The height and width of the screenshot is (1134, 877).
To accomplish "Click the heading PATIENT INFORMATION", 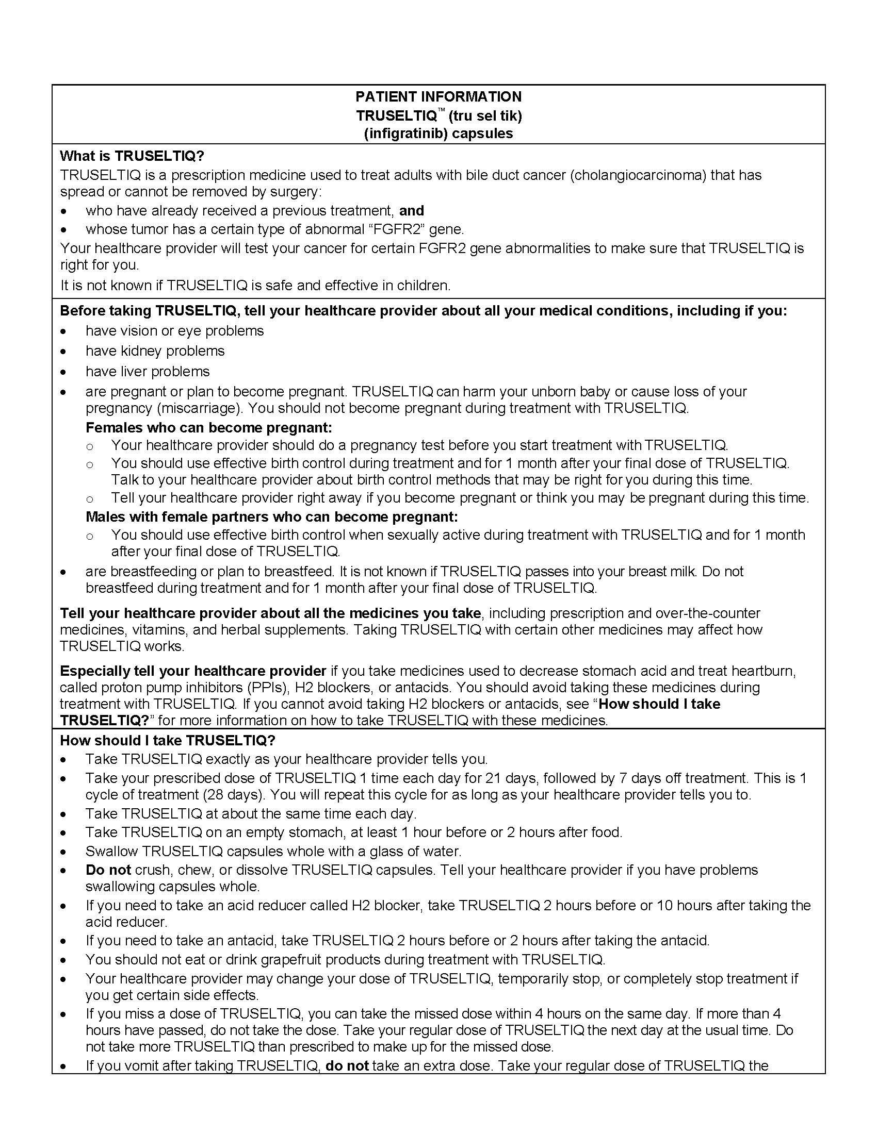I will click(x=438, y=96).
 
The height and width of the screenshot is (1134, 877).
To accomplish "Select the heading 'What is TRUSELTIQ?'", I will click(x=132, y=156).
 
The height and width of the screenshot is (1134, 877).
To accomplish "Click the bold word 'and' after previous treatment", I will click(x=412, y=210).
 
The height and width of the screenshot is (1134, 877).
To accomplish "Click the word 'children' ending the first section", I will click(x=422, y=285).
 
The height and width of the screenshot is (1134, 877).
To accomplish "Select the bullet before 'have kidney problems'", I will click(x=63, y=352).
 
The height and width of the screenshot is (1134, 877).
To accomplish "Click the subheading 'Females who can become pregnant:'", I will click(x=208, y=427).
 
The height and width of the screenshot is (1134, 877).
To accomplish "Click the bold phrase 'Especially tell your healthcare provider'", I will click(x=193, y=671).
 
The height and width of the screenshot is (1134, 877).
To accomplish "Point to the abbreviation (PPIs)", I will click(x=264, y=688).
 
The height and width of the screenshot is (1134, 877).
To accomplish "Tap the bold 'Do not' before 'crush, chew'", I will click(x=108, y=870).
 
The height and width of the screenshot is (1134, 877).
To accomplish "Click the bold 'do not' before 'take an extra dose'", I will click(x=347, y=1066).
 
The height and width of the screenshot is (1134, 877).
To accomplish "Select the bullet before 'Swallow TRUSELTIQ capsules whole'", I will click(x=63, y=852).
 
